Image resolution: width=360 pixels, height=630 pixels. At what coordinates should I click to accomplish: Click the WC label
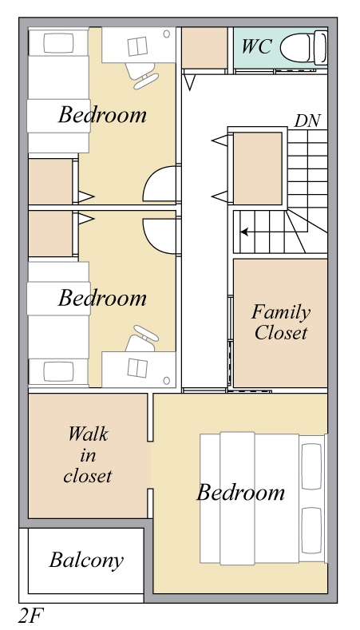256,46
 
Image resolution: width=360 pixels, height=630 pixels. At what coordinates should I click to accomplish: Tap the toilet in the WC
304,48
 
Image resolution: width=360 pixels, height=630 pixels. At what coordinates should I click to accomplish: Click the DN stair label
308,121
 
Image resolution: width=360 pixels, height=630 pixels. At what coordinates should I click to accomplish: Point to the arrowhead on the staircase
244,232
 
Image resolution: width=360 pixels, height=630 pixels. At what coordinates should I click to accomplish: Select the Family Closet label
280,323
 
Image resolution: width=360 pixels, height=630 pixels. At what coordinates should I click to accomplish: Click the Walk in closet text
88,454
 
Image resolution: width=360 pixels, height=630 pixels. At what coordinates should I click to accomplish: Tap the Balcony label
86,560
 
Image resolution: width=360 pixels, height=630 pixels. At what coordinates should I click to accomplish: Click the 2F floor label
30,616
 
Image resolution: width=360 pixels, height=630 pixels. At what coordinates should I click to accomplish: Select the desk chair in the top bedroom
141,75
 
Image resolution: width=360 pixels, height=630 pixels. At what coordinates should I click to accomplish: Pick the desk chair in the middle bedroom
141,339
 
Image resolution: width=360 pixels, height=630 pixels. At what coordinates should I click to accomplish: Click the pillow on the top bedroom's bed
58,43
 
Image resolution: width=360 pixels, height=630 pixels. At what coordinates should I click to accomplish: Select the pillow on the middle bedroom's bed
58,371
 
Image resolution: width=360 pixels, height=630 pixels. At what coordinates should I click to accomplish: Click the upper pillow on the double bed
311,466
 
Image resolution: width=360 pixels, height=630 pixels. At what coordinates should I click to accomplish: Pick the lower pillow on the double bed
311,531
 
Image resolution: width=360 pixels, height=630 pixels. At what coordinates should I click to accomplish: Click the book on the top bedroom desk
138,46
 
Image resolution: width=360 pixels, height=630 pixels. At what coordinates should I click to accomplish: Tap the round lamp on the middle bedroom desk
166,380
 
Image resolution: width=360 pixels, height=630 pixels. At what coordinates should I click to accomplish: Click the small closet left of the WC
204,48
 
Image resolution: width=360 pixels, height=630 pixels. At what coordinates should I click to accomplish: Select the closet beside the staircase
258,168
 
